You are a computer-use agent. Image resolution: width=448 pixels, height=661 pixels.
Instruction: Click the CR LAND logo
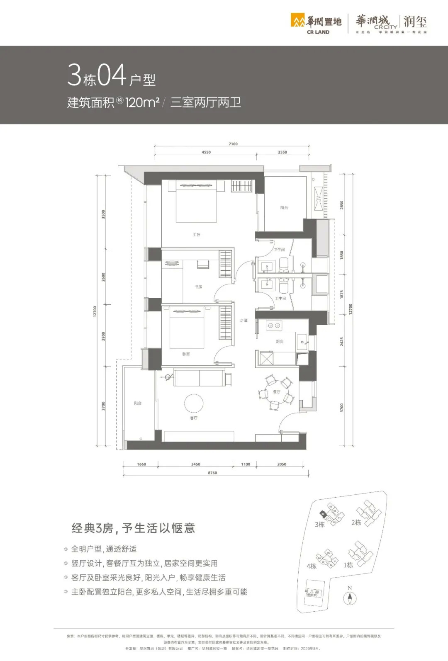(x=316, y=24)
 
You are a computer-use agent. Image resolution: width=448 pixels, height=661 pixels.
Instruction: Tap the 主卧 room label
(x=196, y=235)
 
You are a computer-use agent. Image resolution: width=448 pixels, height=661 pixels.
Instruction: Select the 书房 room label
(x=198, y=287)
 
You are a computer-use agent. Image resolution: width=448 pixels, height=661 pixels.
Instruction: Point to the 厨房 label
(x=280, y=342)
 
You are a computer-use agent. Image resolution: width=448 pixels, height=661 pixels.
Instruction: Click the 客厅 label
(x=194, y=418)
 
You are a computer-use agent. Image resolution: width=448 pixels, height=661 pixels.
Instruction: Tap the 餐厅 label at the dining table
(x=276, y=392)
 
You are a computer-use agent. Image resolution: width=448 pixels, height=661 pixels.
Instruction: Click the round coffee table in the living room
(x=194, y=403)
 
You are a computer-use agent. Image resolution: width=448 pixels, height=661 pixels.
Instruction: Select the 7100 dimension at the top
(x=233, y=144)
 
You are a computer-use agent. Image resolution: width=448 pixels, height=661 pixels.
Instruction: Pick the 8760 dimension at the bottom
(x=212, y=473)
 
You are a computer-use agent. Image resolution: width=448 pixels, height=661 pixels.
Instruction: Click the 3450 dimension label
(x=196, y=464)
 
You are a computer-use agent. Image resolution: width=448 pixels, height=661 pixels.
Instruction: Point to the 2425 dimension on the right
(x=342, y=341)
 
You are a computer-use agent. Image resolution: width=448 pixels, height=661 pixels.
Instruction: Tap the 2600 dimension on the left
(x=104, y=277)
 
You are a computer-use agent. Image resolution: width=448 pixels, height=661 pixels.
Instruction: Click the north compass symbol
(x=350, y=597)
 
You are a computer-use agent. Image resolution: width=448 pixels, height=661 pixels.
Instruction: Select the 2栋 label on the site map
(x=356, y=522)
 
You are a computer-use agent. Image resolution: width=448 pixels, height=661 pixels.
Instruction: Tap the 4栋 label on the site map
(x=312, y=566)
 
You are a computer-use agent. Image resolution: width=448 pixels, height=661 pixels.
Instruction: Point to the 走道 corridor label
(x=244, y=321)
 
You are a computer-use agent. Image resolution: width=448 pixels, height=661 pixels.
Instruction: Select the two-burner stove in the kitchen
(x=274, y=326)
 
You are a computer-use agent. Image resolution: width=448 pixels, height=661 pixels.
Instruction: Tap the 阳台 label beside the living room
(x=138, y=403)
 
